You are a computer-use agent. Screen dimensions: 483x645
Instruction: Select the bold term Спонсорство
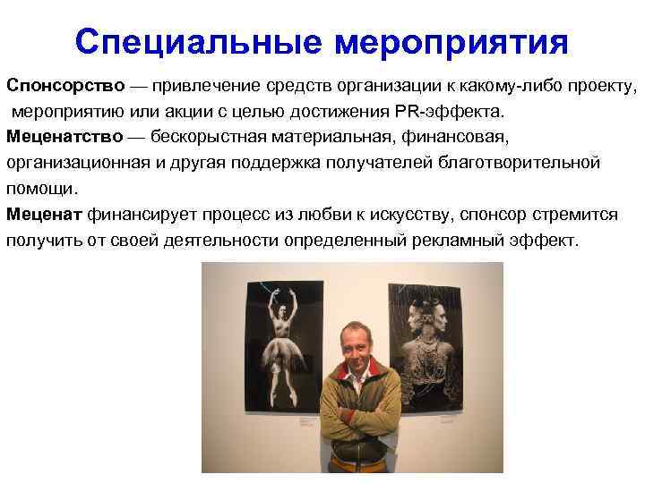(x=65, y=86)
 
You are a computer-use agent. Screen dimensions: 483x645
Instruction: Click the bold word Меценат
(x=44, y=216)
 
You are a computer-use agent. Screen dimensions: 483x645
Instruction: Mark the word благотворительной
(x=526, y=164)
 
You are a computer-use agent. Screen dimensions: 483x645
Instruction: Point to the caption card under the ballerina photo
(x=305, y=419)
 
